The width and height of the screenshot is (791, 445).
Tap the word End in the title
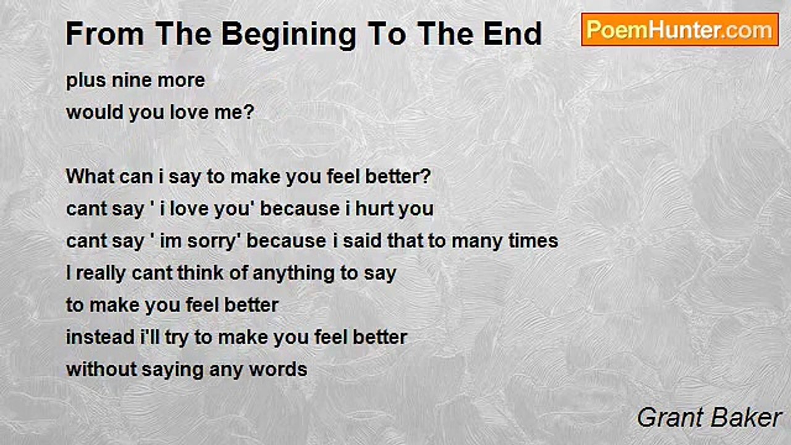513,34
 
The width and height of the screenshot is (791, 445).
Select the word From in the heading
105,34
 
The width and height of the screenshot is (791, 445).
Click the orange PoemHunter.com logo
680,30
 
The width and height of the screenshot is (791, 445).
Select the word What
90,176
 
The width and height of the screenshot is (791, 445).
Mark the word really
101,274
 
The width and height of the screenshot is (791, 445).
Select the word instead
100,337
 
